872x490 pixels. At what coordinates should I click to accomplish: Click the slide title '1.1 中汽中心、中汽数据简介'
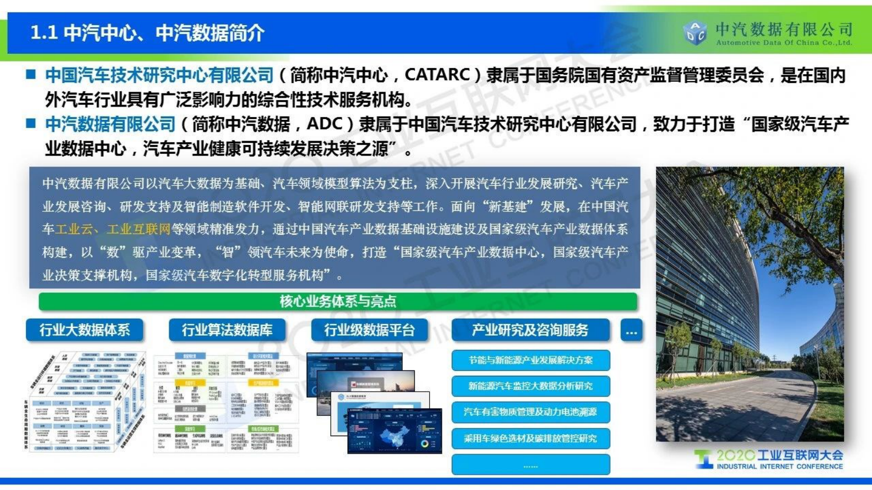(147, 33)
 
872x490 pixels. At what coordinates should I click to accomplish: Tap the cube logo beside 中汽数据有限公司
(695, 32)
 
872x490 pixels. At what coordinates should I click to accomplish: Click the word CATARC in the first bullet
(437, 75)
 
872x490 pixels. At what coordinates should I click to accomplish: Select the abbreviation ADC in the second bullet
(325, 124)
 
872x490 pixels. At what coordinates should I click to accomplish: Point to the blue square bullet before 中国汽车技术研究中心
(31, 74)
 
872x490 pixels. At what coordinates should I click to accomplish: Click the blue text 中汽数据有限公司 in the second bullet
(110, 124)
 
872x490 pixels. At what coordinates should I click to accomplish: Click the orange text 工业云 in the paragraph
(74, 229)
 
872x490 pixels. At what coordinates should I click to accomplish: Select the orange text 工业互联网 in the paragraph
(138, 229)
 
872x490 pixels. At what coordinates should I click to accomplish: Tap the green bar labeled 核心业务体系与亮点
(338, 301)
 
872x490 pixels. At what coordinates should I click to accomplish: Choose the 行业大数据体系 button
(85, 330)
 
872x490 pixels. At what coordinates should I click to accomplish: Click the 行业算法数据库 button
(227, 330)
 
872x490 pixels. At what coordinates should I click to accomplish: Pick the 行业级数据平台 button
(369, 330)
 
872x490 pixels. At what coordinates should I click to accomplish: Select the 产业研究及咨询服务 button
(530, 330)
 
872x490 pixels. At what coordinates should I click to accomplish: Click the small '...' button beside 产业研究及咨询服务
(631, 331)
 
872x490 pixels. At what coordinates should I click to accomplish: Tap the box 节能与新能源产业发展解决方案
(530, 360)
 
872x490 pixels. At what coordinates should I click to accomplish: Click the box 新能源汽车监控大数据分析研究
(530, 386)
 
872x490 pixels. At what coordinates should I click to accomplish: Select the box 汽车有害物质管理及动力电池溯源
(530, 412)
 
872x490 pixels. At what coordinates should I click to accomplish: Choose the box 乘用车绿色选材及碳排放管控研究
(530, 438)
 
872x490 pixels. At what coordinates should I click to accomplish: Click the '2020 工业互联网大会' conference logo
(769, 459)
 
